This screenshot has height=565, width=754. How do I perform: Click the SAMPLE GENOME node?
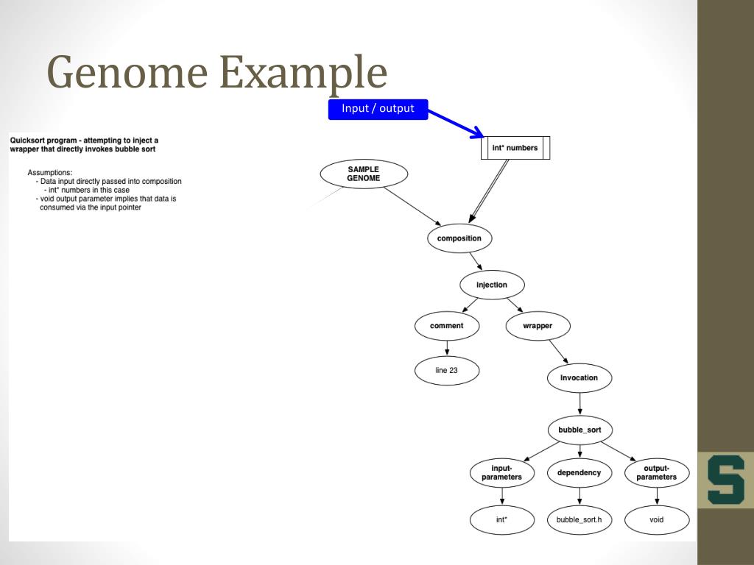pos(364,174)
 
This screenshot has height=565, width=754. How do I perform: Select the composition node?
pos(459,238)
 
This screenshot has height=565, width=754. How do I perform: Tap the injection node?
pos(491,285)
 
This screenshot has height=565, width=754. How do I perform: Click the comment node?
pos(446,326)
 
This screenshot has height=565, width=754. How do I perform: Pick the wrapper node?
pos(538,326)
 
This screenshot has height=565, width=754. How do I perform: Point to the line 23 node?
pos(446,370)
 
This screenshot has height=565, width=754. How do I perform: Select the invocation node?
pos(579,378)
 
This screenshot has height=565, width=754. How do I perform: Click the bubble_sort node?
pos(579,430)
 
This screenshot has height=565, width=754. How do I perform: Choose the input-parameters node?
pos(501,473)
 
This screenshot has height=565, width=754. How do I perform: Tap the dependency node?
pos(579,473)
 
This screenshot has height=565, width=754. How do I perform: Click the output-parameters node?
pos(657,473)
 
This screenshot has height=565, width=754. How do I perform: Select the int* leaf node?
pos(501,519)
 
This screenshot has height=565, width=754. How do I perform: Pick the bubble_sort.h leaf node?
pos(579,519)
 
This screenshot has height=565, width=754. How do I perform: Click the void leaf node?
pos(657,519)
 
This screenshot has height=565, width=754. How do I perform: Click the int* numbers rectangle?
pos(515,148)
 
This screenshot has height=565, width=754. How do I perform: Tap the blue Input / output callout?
pos(378,109)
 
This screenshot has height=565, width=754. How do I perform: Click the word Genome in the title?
pos(124,73)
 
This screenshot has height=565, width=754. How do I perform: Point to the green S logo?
pos(725,480)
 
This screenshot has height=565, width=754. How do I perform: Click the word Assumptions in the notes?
pos(50,173)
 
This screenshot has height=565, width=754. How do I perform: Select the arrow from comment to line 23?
pos(446,347)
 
